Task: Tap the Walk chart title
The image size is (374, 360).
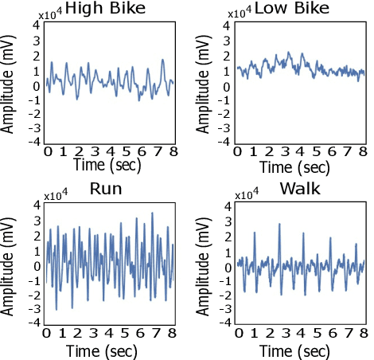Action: tap(300, 190)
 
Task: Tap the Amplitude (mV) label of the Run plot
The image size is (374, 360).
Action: tap(10, 263)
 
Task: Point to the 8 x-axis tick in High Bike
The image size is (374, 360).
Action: tap(172, 151)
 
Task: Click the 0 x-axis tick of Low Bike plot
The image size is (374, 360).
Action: tap(238, 151)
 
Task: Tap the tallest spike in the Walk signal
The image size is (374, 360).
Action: tap(279, 225)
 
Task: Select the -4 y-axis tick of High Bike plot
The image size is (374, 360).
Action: tap(34, 142)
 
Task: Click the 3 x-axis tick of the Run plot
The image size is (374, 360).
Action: tap(94, 333)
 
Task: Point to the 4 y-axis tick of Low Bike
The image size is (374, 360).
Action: tap(228, 25)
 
